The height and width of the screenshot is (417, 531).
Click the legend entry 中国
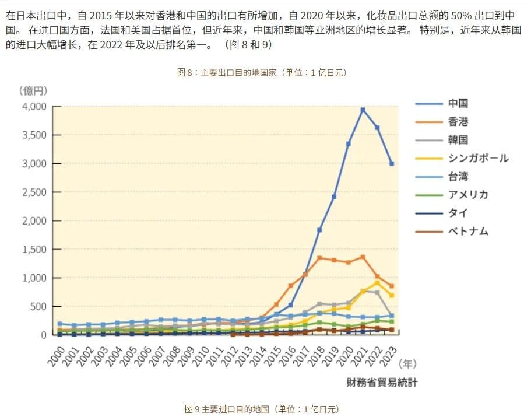click(x=458, y=104)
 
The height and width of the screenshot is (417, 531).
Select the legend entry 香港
click(x=458, y=122)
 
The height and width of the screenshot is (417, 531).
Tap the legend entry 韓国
click(x=458, y=140)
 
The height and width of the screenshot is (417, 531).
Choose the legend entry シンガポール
click(x=478, y=158)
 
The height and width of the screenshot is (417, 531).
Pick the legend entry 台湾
click(x=458, y=177)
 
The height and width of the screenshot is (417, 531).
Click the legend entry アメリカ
click(x=468, y=195)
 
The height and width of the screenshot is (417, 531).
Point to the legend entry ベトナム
click(x=468, y=232)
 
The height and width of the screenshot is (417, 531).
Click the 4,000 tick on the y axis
click(x=33, y=107)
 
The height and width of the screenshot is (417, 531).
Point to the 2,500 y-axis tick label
click(x=33, y=192)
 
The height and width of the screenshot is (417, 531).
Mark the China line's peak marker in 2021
click(x=363, y=110)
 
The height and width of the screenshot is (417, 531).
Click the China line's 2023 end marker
click(x=392, y=164)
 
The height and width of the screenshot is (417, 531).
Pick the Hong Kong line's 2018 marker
click(x=320, y=258)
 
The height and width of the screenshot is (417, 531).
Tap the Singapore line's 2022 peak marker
click(x=377, y=282)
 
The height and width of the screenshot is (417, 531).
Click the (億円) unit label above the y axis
click(x=33, y=90)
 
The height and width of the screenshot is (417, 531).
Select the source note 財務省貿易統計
click(x=382, y=383)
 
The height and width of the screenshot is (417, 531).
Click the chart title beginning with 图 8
click(x=262, y=73)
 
